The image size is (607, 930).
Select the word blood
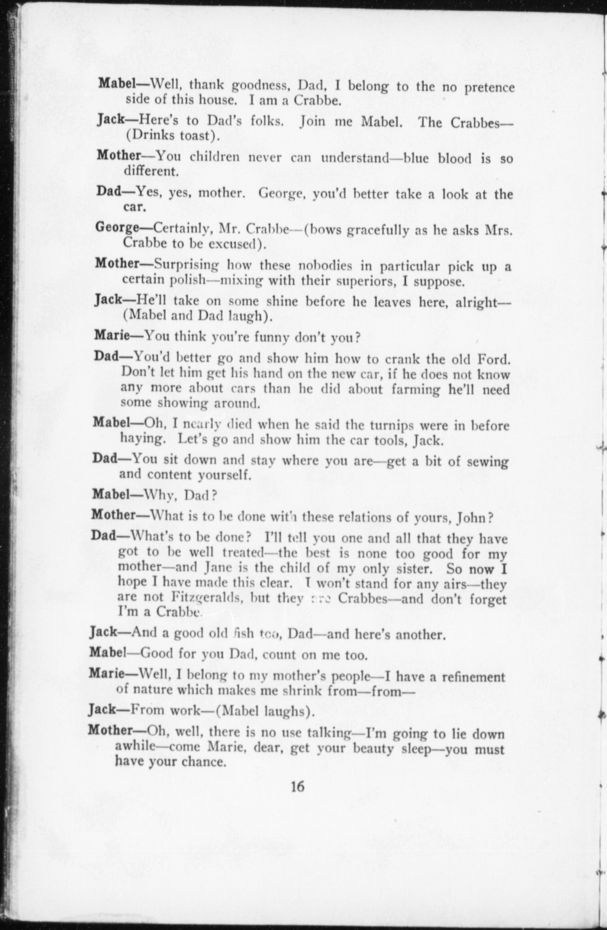(455, 159)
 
